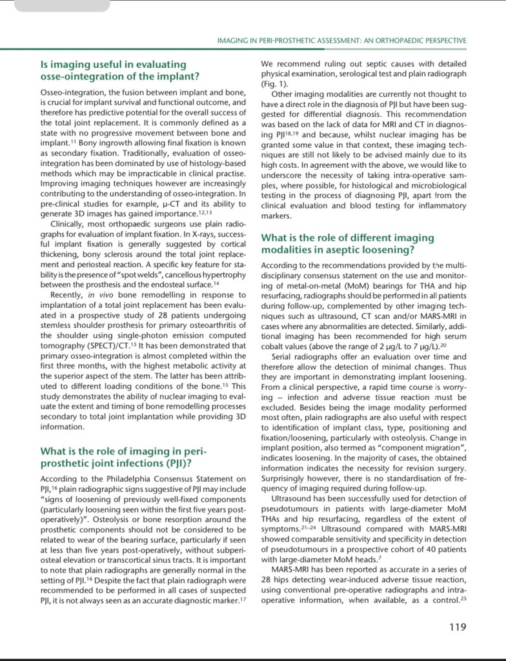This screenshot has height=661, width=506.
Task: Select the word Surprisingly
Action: (x=288, y=479)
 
